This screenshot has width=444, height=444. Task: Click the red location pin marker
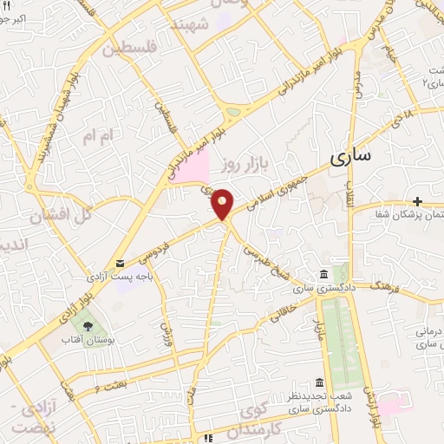(223, 203)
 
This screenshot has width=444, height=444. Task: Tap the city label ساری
(350, 158)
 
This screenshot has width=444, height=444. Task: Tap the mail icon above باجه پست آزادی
(120, 263)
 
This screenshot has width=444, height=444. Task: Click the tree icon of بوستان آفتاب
(89, 325)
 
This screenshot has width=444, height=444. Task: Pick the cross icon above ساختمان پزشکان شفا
(418, 200)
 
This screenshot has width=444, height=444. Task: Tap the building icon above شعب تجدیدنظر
(320, 382)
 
